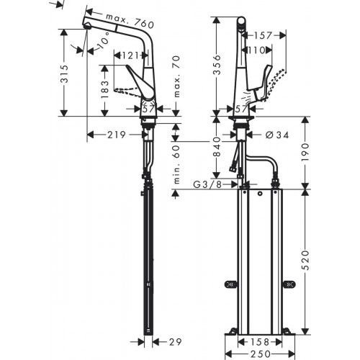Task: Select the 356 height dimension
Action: [217, 66]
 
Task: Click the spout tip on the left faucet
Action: [86, 26]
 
